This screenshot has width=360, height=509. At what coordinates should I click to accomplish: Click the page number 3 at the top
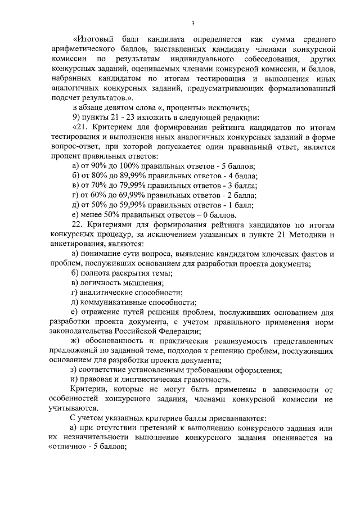pos(192,23)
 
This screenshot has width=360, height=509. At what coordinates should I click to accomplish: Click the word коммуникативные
pos(112,302)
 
